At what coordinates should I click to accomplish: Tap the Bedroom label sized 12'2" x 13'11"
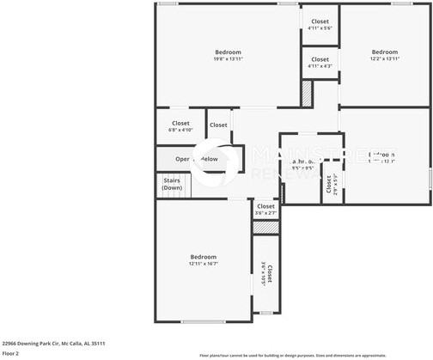click(x=384, y=55)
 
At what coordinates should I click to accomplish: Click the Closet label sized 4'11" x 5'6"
click(x=320, y=24)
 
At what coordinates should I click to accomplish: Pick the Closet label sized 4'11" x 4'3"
click(x=320, y=63)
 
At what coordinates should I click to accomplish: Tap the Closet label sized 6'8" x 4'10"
click(x=180, y=126)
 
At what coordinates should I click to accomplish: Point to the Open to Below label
click(x=197, y=159)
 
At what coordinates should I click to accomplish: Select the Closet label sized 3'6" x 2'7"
click(x=265, y=210)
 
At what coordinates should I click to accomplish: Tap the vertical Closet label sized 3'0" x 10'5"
click(x=266, y=273)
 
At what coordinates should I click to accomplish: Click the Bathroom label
click(x=302, y=163)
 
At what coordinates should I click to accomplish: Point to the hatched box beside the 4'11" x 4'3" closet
click(x=307, y=92)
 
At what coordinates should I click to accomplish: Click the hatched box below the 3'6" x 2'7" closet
click(x=265, y=227)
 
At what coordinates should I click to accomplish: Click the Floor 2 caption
click(x=10, y=353)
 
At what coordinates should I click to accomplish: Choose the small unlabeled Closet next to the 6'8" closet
click(x=219, y=125)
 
